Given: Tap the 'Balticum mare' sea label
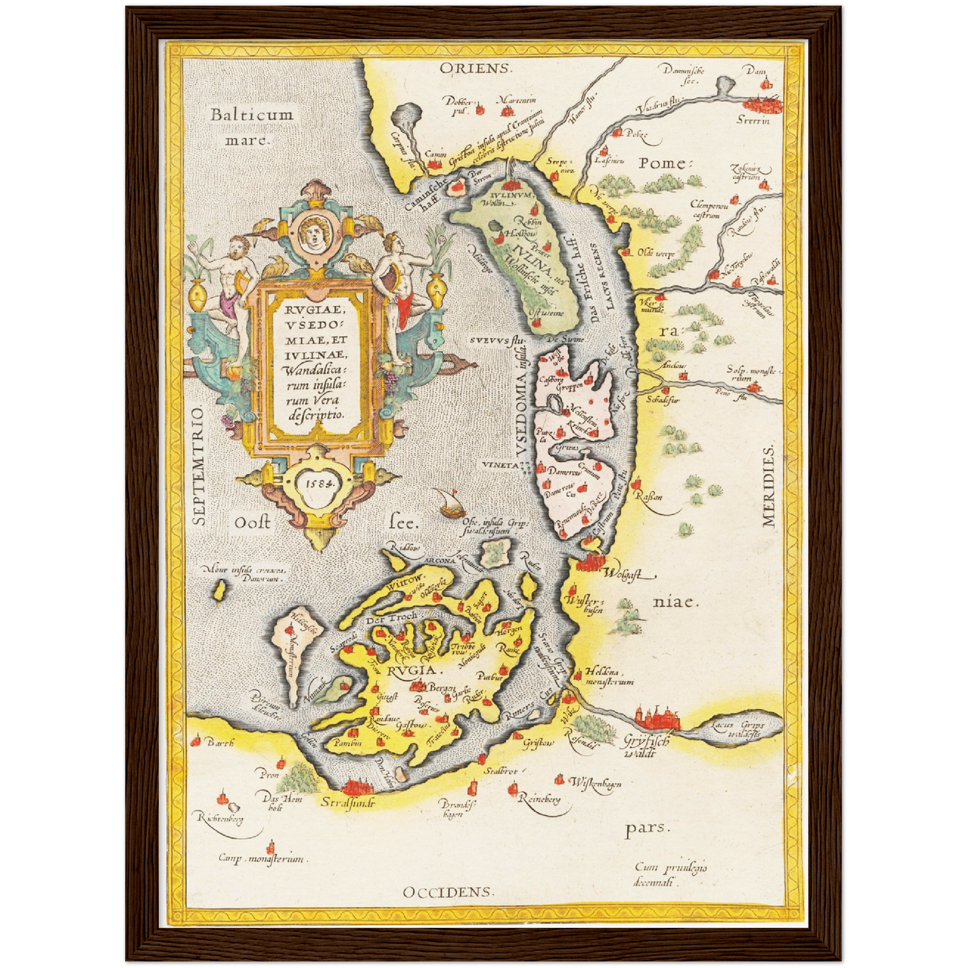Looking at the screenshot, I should [252, 127].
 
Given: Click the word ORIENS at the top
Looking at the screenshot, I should [476, 68].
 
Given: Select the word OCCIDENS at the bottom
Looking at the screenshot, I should [448, 892].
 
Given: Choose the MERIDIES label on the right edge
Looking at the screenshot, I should [768, 486].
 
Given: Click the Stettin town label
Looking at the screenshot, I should [753, 121].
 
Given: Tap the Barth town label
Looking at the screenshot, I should [220, 742].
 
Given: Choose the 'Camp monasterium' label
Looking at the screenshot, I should [261, 858].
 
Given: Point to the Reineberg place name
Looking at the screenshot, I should [539, 799].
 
